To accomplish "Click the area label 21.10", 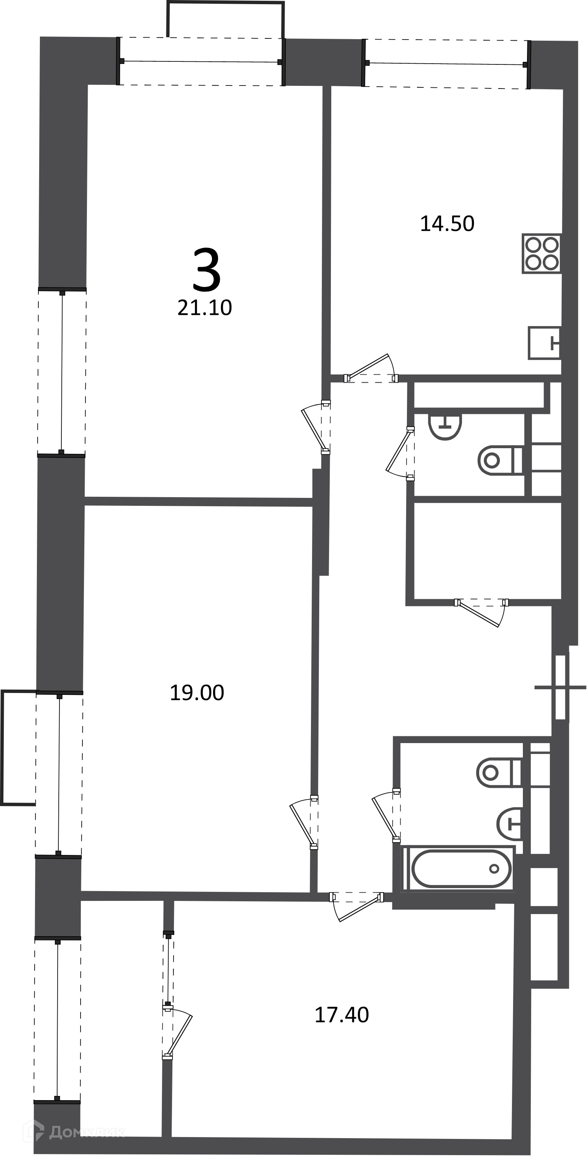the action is tap(205, 308).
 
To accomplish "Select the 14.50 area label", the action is tap(447, 224).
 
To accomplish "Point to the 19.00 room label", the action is tap(197, 693).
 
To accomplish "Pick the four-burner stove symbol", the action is tap(542, 253).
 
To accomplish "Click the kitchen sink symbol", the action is tap(544, 343).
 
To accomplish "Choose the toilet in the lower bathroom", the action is tap(499, 772).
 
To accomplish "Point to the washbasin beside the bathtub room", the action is tap(509, 824).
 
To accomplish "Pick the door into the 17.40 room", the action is tap(357, 907).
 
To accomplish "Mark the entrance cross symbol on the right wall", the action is tap(560, 688).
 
